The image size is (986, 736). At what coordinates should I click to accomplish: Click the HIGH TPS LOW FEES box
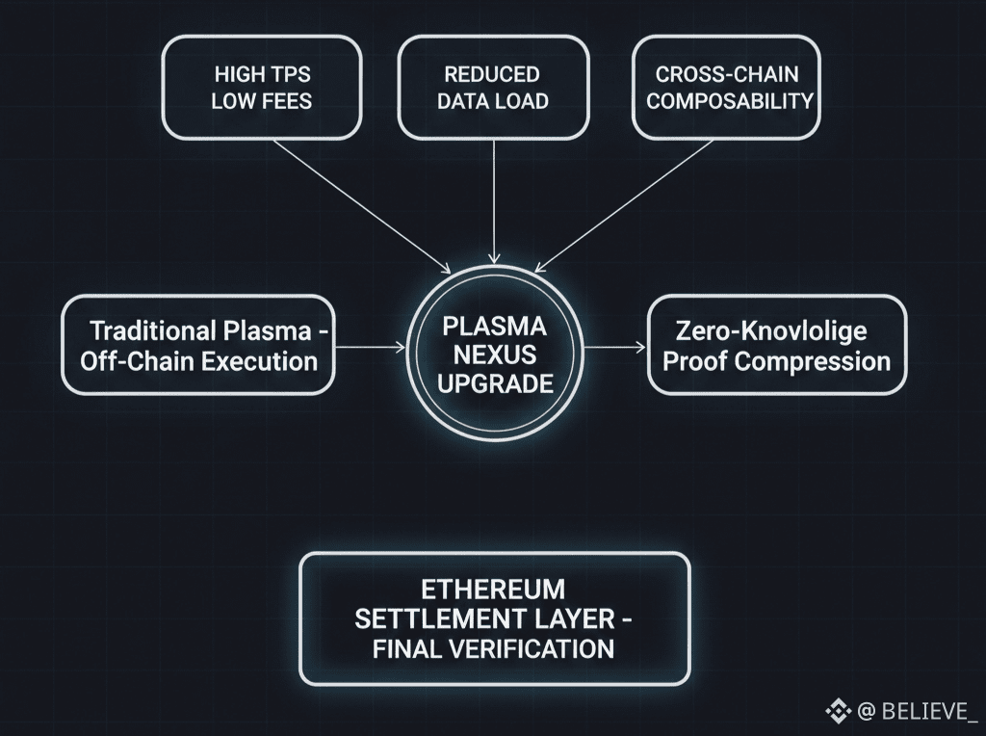261,88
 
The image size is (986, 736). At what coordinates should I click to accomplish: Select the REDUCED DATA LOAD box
492,88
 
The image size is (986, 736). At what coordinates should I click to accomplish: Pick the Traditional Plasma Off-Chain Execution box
198,346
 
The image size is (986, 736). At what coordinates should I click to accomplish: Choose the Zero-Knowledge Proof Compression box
776,346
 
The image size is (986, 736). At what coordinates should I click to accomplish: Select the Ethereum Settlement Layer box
495,618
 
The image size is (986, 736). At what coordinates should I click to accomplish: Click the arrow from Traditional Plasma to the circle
370,347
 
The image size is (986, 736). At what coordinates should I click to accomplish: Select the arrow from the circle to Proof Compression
614,347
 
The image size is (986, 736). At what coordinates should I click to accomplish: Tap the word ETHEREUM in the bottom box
493,588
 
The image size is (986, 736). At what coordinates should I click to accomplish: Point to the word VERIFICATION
531,647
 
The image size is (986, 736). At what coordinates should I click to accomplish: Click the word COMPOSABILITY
730,101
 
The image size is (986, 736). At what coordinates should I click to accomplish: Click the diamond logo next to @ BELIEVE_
838,711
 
